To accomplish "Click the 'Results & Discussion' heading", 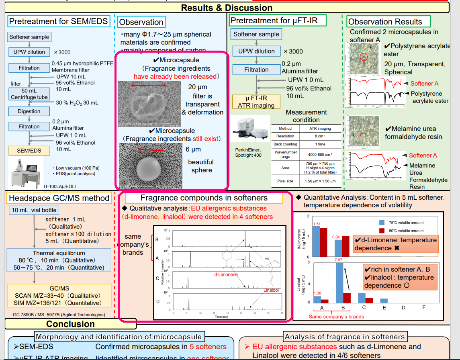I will click(227, 8).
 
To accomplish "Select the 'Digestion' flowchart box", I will click(29, 111).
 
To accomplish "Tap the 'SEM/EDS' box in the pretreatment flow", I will click(29, 151).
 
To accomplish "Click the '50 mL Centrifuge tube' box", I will click(29, 94).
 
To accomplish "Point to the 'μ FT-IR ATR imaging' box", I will click(256, 102).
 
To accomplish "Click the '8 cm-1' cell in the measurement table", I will click(320, 136).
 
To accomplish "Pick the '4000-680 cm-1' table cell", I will click(320, 155).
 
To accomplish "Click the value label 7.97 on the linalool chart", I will click(338, 260).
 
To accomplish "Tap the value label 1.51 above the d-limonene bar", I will click(317, 223).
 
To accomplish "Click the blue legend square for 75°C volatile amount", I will click(382, 223).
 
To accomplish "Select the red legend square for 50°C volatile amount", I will click(382, 231).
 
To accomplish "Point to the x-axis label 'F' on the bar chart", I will click(424, 308).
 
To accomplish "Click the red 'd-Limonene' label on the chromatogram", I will click(225, 274).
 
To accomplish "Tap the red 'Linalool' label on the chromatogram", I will click(271, 290).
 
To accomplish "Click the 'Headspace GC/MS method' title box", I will click(59, 198).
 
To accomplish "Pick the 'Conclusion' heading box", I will click(70, 324).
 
